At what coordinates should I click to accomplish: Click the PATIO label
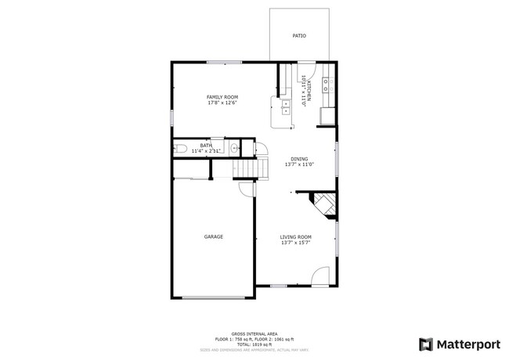[x=299, y=36]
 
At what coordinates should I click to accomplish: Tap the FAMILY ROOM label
[x=222, y=97]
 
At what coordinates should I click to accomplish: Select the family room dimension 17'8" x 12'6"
[x=222, y=103]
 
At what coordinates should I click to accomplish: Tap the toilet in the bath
[x=179, y=149]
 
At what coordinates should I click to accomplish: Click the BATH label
[x=206, y=145]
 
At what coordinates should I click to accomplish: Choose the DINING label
[x=299, y=159]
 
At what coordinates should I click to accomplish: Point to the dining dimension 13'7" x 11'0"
[x=299, y=165]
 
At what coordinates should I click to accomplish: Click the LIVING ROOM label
[x=297, y=237]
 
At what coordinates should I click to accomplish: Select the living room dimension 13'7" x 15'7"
[x=297, y=243]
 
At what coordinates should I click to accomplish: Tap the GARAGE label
[x=214, y=237]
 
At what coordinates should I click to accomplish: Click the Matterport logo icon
[x=426, y=344]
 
